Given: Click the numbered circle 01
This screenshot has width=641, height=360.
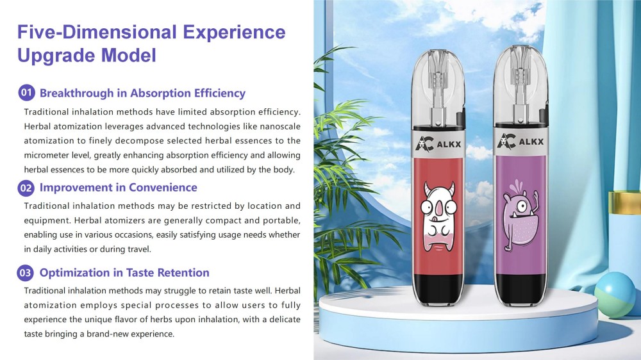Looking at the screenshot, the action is pos(26,93).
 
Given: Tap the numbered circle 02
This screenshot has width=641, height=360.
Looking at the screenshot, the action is pos(26,188).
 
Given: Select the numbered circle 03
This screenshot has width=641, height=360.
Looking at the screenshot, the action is pos(26,273).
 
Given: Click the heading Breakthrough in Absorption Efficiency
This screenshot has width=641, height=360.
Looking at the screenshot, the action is pos(142,93).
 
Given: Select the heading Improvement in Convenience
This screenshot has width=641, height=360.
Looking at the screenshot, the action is pos(118,188).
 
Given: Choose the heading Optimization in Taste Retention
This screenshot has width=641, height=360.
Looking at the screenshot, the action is pos(124,272).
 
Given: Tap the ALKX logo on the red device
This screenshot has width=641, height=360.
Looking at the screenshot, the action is pos(438,144).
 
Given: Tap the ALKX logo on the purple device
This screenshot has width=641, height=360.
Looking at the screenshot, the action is pos(520,142).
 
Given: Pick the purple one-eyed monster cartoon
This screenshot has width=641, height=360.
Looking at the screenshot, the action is pos(520,215).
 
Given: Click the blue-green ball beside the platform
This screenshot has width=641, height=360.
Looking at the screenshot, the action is pos(615,295).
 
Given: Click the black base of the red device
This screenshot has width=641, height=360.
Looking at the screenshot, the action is pos(438,290).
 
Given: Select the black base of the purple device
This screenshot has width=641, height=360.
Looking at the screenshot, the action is pos(520,290).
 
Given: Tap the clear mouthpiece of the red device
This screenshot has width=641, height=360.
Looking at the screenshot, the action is pos(438,88).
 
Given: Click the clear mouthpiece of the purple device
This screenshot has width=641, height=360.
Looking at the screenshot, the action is pos(520,85).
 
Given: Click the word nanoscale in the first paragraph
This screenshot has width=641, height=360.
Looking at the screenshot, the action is pos(280,126).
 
